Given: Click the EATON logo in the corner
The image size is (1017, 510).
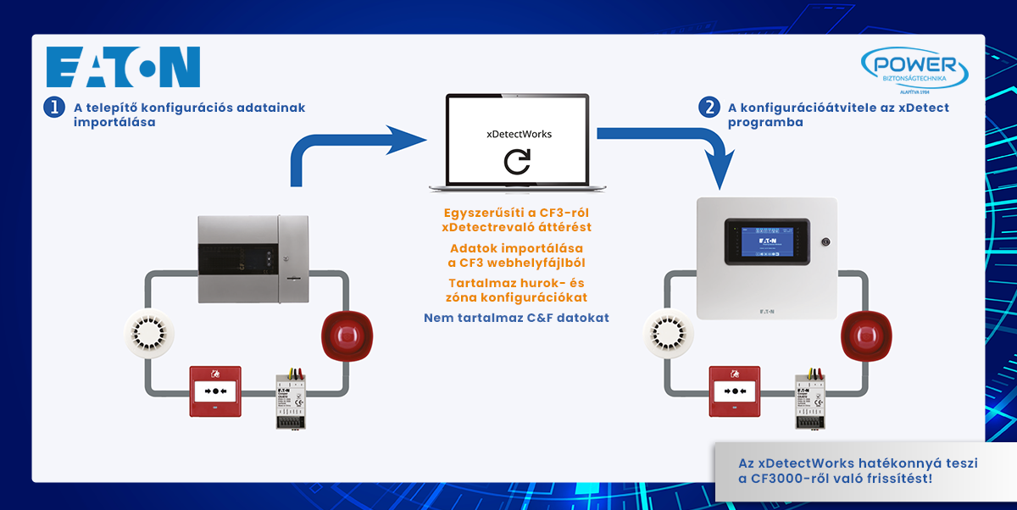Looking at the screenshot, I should (x=124, y=68).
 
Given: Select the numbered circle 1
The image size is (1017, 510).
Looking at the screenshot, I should (x=54, y=108).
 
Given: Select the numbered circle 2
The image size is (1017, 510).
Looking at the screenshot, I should (x=709, y=108).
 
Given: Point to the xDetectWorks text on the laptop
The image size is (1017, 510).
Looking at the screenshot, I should (x=517, y=134).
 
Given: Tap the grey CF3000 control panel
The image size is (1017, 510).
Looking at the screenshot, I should (x=254, y=258).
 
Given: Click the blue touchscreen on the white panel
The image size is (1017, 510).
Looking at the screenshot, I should (x=766, y=241).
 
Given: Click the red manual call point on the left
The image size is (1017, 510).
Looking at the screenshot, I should (x=215, y=391).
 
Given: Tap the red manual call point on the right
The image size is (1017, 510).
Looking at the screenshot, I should (x=734, y=391).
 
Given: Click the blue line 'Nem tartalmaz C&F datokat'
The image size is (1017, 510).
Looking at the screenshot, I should (x=516, y=319).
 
